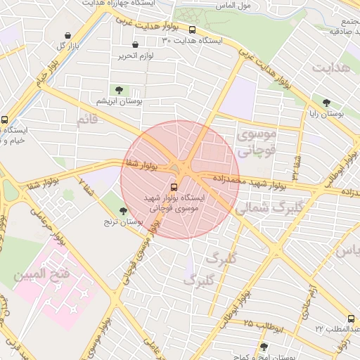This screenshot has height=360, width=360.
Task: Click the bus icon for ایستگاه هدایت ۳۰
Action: pyautogui.click(x=192, y=30)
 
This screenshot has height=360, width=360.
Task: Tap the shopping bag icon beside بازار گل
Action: pyautogui.click(x=67, y=35)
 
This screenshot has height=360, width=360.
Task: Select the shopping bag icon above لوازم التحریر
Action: pyautogui.click(x=135, y=44)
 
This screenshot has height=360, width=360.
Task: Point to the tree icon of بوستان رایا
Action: pyautogui.click(x=326, y=102)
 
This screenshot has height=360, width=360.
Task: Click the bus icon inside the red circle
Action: pyautogui.click(x=174, y=187)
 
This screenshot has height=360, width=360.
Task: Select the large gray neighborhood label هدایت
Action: pyautogui.click(x=330, y=69)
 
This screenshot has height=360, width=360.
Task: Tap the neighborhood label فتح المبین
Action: pyautogui.click(x=41, y=273)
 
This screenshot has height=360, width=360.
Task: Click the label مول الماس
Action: pyautogui.click(x=233, y=6)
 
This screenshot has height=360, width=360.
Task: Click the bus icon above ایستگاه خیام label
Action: pyautogui.click(x=5, y=120)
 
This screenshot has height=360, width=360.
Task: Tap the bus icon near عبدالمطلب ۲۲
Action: pyautogui.click(x=351, y=319)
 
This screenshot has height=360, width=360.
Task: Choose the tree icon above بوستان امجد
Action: pyautogui.click(x=264, y=347)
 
